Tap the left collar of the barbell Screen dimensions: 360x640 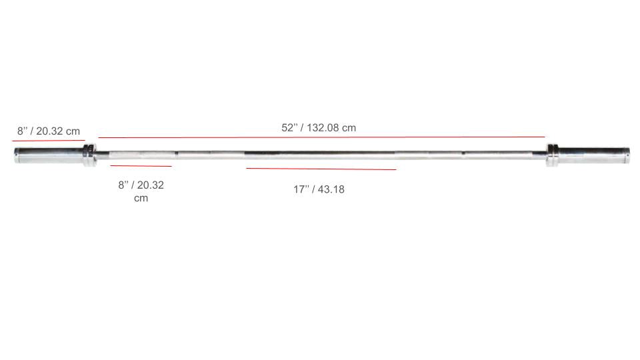(x=89, y=155)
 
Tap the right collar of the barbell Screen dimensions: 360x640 (x=552, y=155)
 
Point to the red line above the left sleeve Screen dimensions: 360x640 (x=48, y=141)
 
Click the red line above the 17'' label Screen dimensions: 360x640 (x=321, y=169)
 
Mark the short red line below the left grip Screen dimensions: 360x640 (x=141, y=165)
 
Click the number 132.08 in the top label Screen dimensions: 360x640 (x=323, y=127)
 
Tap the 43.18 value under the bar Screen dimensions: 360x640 (x=331, y=189)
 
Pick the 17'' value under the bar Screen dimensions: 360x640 (x=302, y=189)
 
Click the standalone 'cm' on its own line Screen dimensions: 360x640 (x=141, y=199)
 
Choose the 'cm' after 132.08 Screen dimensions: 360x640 (x=349, y=127)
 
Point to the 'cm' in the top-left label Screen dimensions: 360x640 (x=73, y=131)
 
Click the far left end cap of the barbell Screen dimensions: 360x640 (x=16, y=155)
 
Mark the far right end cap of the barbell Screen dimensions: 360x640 (x=628, y=155)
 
